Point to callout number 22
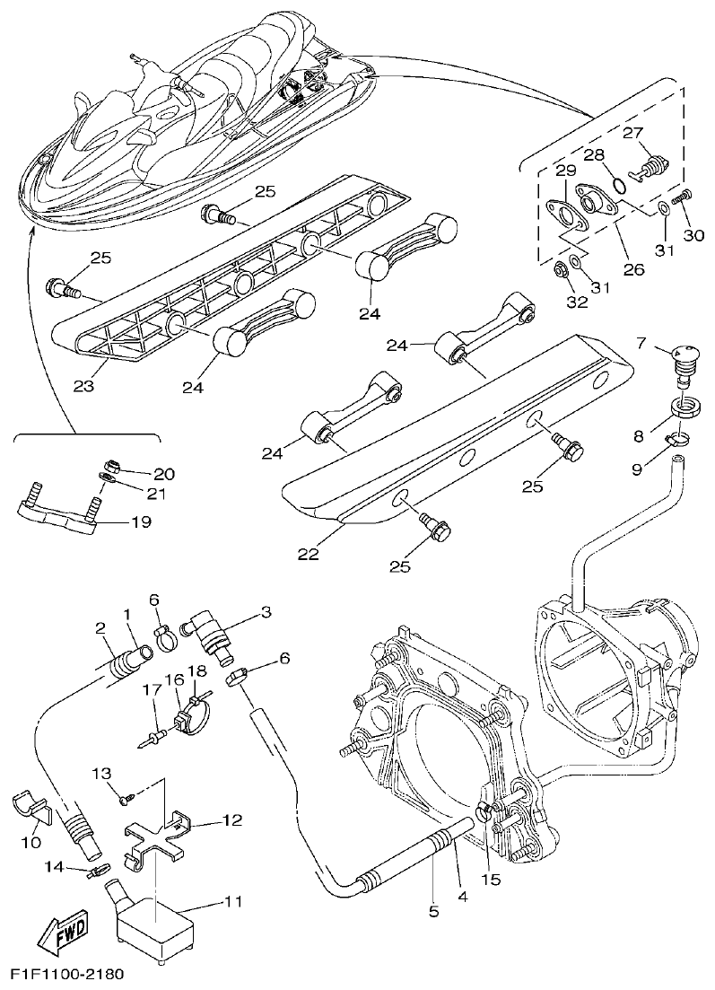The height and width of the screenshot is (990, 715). click(309, 554)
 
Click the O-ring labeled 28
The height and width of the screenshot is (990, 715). click(617, 185)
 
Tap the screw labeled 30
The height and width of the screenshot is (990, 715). click(684, 195)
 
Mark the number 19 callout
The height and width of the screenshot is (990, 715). click(141, 521)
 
